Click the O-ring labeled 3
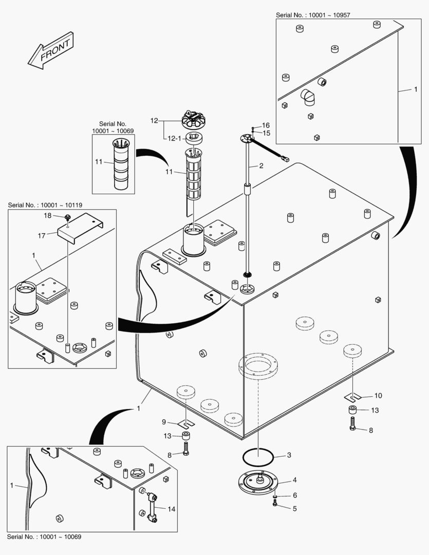(x=257, y=455)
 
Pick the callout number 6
(x=294, y=495)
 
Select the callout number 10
(x=378, y=396)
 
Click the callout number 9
(x=164, y=422)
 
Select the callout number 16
(x=266, y=125)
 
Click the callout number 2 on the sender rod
(x=261, y=166)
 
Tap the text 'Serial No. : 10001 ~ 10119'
(x=45, y=205)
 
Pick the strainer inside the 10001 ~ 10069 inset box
(x=121, y=164)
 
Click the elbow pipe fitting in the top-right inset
(x=310, y=96)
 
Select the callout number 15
(x=266, y=133)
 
